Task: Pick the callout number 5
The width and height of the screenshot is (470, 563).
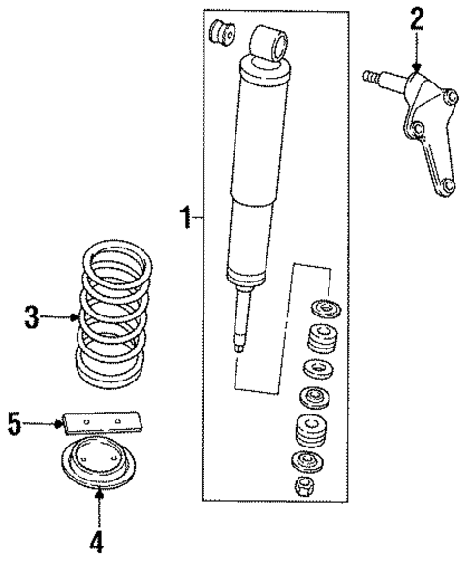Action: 15,423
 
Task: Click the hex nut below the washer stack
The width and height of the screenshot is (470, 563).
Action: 302,485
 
